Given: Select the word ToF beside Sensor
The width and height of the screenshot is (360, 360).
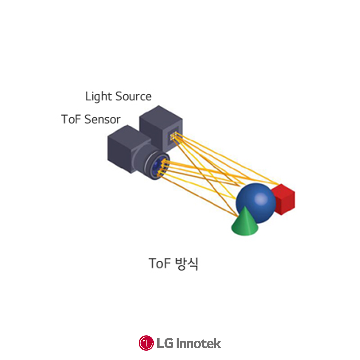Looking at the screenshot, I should click(x=70, y=119).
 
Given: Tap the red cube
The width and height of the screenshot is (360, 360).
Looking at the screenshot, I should click(x=284, y=200).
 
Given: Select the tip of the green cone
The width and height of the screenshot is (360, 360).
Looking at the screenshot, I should click(x=246, y=208).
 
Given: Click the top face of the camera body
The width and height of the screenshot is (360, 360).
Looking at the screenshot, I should click(x=125, y=134).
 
